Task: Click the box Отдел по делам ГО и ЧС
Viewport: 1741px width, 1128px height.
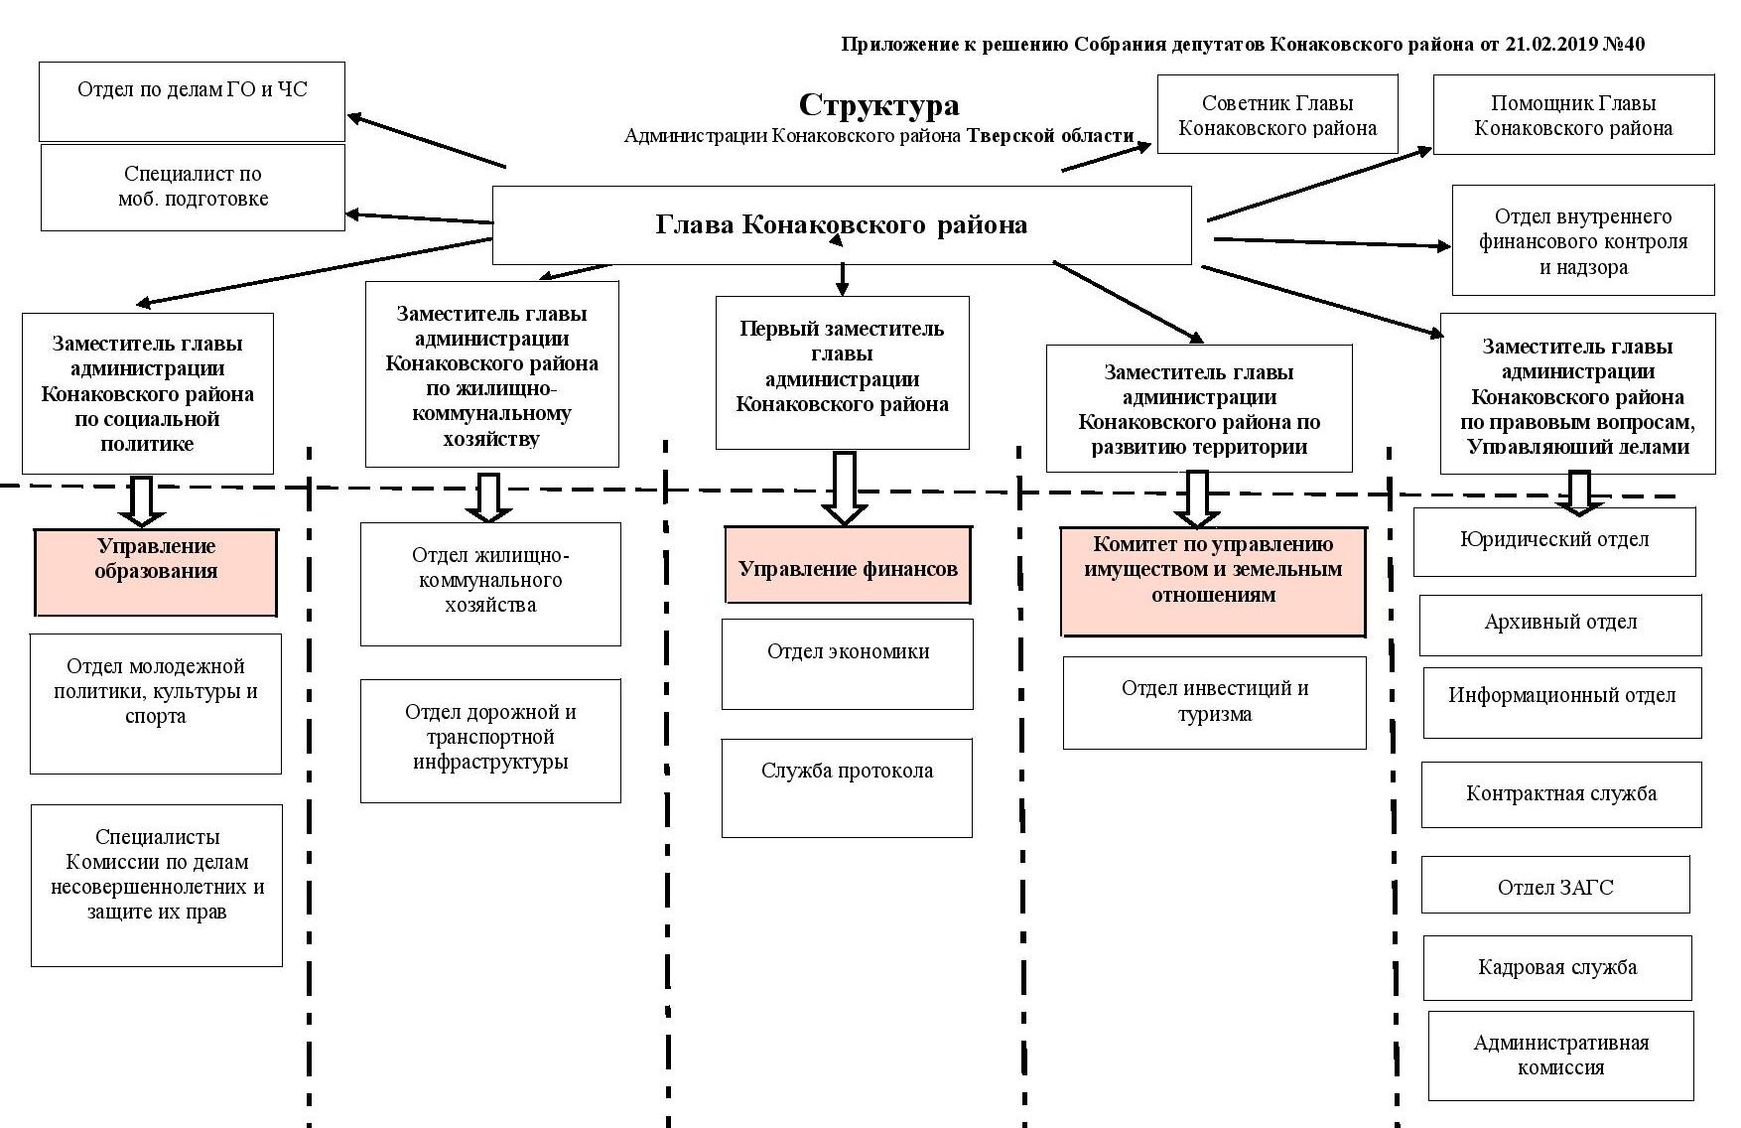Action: point(192,101)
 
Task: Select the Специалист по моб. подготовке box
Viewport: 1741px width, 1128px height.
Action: point(193,187)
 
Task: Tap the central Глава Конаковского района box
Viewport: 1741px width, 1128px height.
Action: point(842,224)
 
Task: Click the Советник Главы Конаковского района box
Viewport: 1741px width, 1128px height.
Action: point(1277,115)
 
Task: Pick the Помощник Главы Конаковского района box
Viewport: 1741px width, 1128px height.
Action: point(1573,115)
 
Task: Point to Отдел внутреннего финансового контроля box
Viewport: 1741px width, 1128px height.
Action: point(1583,241)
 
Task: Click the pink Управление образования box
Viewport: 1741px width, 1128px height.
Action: point(156,572)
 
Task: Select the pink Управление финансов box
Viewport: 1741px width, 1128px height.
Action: point(848,566)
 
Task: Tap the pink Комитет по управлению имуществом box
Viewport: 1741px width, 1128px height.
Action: point(1213,581)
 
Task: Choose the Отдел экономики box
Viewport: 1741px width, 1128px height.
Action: point(848,663)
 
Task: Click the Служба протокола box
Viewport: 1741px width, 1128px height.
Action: point(847,786)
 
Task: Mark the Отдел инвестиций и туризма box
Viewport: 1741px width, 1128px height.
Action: point(1214,702)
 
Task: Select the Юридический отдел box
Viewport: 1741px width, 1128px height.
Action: point(1554,541)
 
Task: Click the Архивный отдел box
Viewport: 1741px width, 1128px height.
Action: point(1560,625)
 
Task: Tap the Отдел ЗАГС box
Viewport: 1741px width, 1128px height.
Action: point(1555,885)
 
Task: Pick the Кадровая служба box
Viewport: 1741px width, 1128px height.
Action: point(1557,967)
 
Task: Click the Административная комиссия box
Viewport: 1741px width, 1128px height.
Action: point(1560,1056)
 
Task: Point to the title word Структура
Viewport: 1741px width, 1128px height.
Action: point(878,105)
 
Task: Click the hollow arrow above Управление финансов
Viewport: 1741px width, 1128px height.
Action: point(845,488)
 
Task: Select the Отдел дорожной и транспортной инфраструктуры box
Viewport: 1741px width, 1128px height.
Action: point(490,740)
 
